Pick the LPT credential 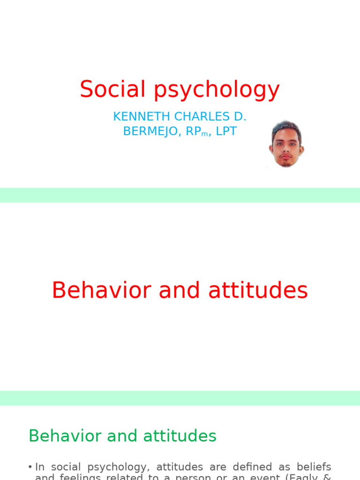coord(226,131)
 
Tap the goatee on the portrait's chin coord(285,163)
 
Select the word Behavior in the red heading coord(101,290)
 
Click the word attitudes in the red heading coord(258,290)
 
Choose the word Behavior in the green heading coord(64,436)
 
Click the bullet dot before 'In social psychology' coord(30,467)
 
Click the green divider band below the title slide coord(180,195)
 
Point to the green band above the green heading coord(180,398)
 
